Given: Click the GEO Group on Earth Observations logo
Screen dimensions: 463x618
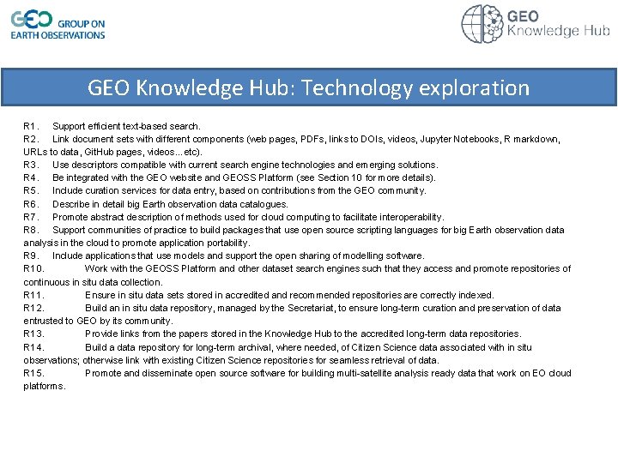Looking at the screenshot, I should pyautogui.click(x=58, y=24).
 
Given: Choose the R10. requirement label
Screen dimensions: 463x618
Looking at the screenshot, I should pyautogui.click(x=33, y=268).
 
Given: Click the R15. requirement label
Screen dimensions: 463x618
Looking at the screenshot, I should pyautogui.click(x=33, y=373).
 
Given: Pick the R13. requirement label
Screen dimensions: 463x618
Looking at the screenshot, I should pyautogui.click(x=33, y=334).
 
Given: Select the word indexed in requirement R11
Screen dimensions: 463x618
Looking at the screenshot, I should pyautogui.click(x=477, y=295).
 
